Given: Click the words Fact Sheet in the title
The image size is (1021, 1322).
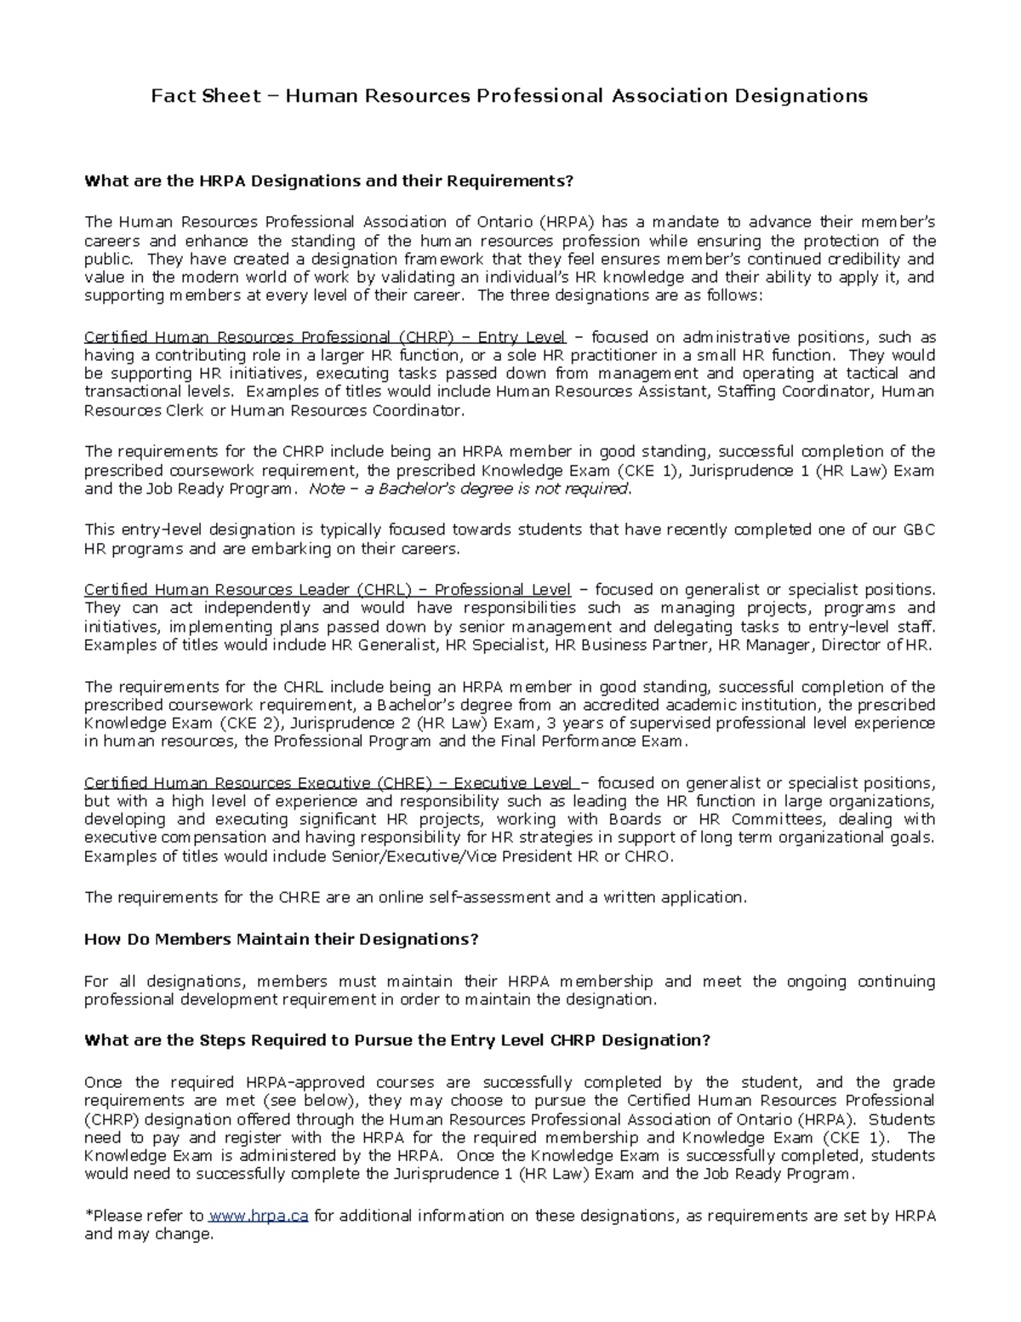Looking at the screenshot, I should coord(205,96).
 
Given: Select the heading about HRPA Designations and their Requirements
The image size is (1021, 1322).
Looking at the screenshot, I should coord(329,180).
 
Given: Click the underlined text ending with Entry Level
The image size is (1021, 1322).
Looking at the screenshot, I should coord(324,337).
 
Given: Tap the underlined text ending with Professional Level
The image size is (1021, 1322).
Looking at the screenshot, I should coord(327,589).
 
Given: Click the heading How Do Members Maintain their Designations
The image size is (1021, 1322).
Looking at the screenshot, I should coord(282,939).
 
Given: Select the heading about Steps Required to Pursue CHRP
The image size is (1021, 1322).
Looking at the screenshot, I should coord(396,1040).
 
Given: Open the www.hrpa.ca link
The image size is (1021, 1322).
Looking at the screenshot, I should coord(259,1216).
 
